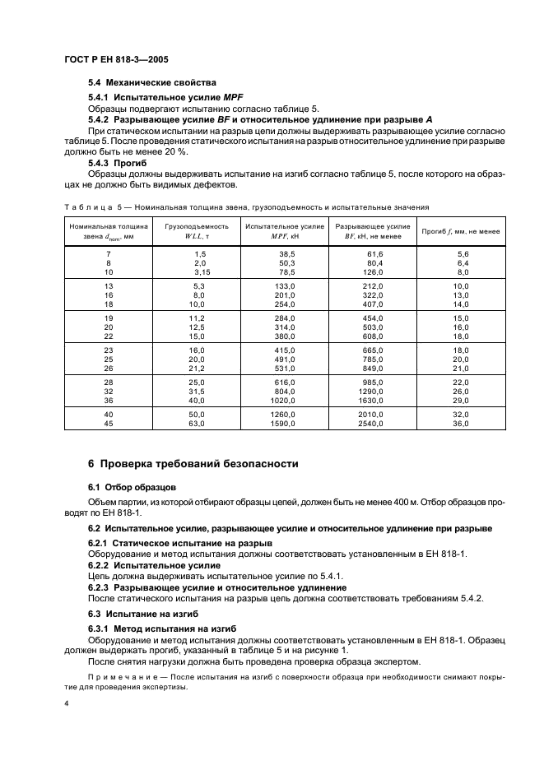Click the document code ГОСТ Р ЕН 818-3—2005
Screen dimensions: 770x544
click(115, 61)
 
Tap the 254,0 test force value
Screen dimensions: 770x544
click(286, 304)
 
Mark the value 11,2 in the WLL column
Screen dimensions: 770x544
click(196, 318)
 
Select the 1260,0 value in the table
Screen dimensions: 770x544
click(284, 414)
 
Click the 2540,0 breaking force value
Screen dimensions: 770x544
click(372, 423)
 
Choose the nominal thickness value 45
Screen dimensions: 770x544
click(109, 423)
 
